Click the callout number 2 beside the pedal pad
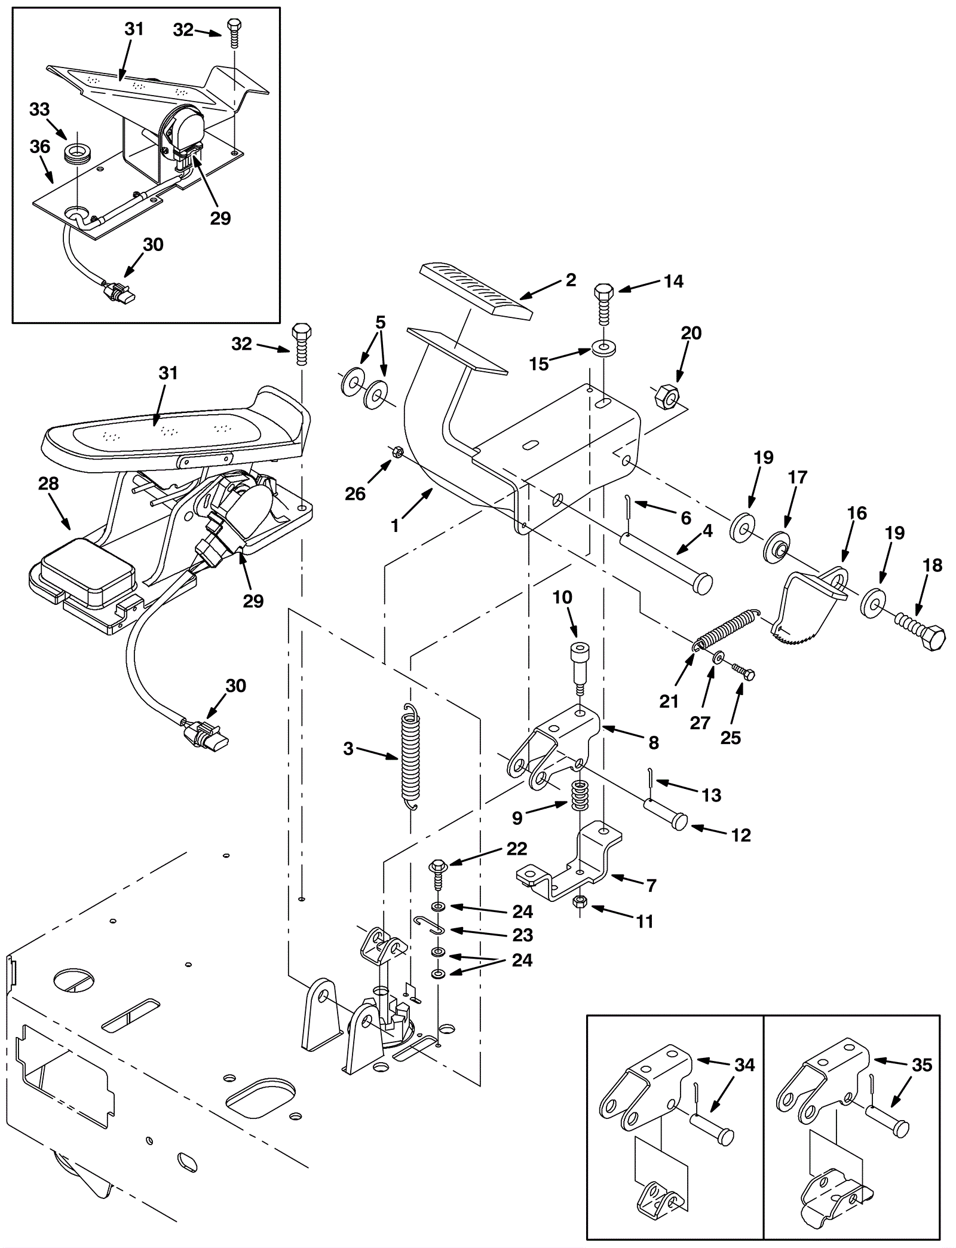tap(571, 280)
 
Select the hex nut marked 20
tap(664, 396)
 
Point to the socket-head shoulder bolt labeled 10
tap(580, 666)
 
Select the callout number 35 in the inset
tap(922, 1065)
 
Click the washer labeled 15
tap(605, 347)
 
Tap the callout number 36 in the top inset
tap(40, 146)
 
